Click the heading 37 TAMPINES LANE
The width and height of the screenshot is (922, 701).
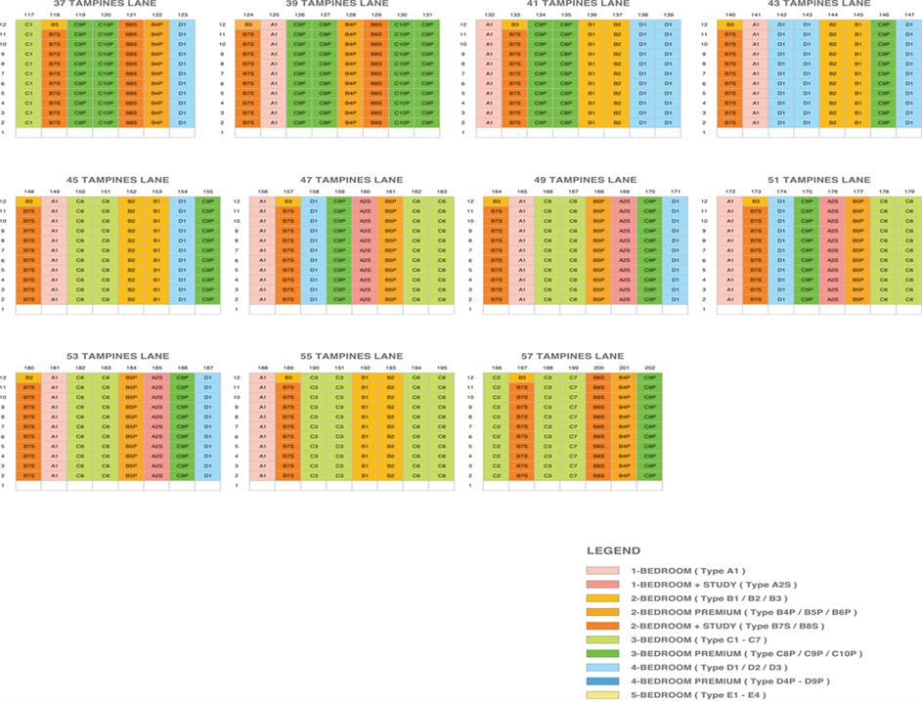107,4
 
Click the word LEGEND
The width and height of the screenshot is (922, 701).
613,551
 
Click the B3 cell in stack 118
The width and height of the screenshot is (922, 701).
55,24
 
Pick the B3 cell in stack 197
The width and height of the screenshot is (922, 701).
522,377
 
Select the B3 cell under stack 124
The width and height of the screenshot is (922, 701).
247,24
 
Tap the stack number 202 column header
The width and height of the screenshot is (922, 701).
649,368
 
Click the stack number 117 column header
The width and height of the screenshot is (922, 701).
28,15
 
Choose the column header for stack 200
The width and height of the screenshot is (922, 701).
598,368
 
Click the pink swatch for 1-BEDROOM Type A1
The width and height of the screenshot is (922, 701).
602,570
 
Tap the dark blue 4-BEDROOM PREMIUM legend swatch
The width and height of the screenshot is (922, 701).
602,681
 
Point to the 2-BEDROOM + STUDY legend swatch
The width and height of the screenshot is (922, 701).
602,626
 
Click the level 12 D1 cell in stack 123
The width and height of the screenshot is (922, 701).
182,24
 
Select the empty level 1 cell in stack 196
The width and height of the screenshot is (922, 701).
497,485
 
